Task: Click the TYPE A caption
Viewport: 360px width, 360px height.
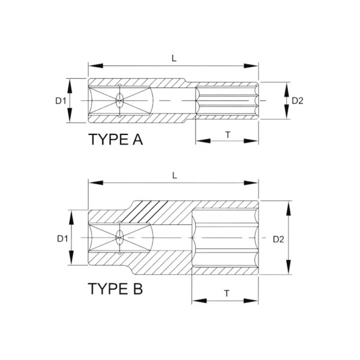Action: click(x=116, y=139)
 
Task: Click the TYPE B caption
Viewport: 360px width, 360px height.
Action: click(x=115, y=289)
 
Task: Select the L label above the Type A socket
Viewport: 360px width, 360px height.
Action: click(x=174, y=58)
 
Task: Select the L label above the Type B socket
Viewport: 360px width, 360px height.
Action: click(x=175, y=176)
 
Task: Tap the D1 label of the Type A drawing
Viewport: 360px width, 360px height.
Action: click(x=61, y=101)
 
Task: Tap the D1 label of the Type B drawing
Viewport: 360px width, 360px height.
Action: click(x=62, y=239)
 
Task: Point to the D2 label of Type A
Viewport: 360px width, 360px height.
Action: click(x=298, y=101)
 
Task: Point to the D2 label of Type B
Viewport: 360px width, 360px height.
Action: click(x=278, y=239)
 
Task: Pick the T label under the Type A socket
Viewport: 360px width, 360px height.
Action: click(x=228, y=135)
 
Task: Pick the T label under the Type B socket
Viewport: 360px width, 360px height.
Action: click(x=227, y=293)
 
